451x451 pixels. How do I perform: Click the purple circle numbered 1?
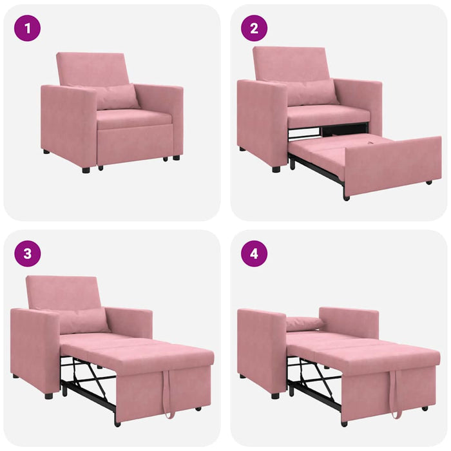pyautogui.click(x=27, y=28)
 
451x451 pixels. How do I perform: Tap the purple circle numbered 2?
pyautogui.click(x=254, y=28)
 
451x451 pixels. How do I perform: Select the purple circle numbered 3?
pyautogui.click(x=27, y=253)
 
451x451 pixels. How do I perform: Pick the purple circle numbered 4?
pyautogui.click(x=254, y=253)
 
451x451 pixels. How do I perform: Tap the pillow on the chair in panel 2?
pyautogui.click(x=311, y=92)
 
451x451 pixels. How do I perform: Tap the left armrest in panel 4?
pyautogui.click(x=261, y=348)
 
